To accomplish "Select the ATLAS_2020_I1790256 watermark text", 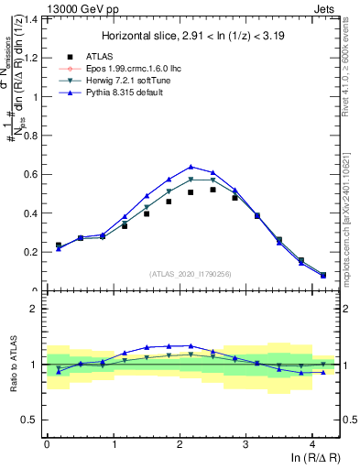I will tap(189, 273).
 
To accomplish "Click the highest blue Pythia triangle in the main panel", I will tap(191, 167).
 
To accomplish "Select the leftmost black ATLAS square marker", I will tap(59, 245).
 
